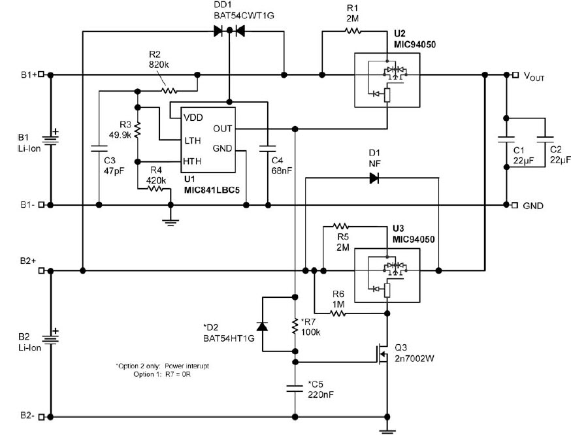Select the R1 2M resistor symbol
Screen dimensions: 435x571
(352, 30)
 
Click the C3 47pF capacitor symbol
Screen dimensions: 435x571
(98, 145)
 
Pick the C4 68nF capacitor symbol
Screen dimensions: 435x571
(268, 145)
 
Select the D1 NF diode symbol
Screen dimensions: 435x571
(374, 178)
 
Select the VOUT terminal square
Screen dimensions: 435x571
(515, 75)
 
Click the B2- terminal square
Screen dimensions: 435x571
(42, 416)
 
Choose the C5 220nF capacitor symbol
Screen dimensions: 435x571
(295, 388)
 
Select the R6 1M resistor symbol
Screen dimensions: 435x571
(337, 313)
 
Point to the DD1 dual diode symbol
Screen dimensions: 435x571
(229, 30)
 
